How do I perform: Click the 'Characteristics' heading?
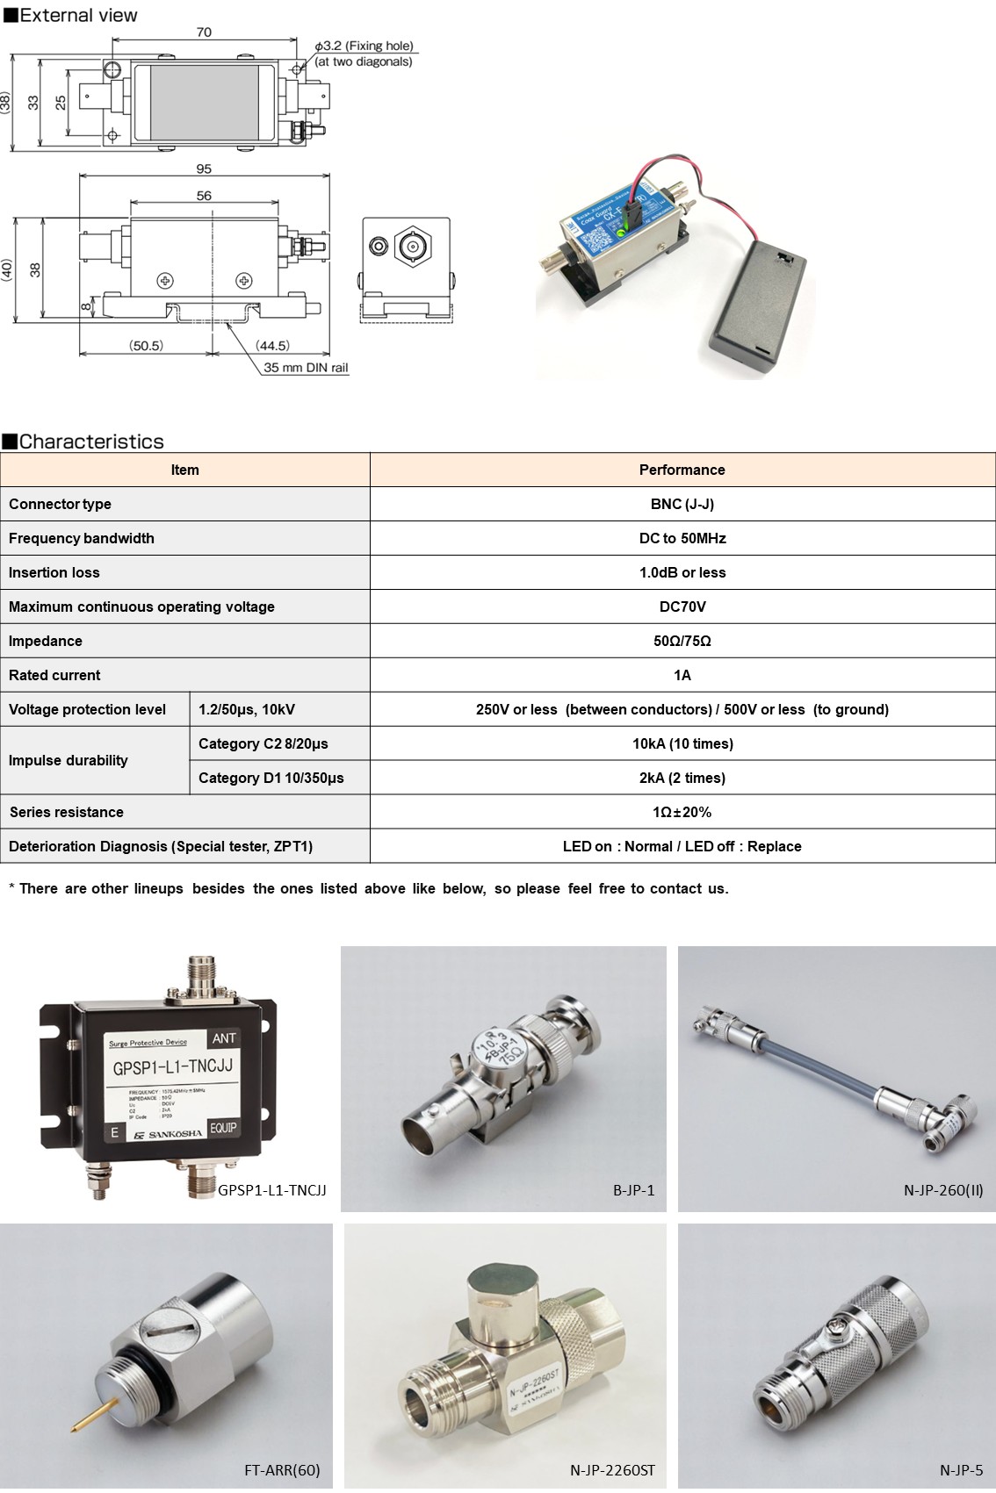[90, 441]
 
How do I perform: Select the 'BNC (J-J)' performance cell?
[682, 504]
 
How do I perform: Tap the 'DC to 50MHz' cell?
[682, 538]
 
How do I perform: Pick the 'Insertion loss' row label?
[54, 572]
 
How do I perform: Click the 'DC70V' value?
[682, 607]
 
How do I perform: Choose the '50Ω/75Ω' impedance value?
[682, 641]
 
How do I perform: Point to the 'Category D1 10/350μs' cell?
[271, 778]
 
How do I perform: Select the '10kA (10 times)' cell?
[682, 743]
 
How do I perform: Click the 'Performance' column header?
[682, 470]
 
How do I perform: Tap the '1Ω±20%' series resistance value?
[682, 812]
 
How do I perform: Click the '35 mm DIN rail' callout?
[306, 368]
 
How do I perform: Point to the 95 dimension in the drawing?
[204, 169]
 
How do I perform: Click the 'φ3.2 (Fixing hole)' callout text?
[364, 46]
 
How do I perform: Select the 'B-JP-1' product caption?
[633, 1190]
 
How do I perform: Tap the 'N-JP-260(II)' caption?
[943, 1190]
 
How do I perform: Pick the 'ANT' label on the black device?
[224, 1038]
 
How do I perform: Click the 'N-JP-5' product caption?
[961, 1470]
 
